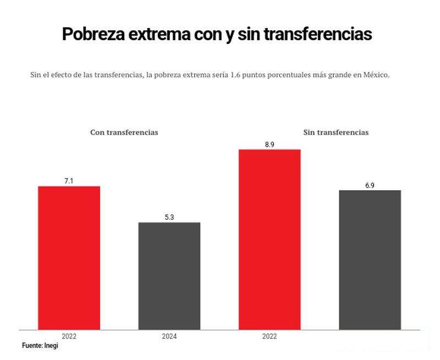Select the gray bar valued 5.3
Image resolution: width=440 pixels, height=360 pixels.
click(x=169, y=275)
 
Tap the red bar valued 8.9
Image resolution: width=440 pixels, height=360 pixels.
click(x=269, y=239)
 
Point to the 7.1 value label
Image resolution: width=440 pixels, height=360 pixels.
click(x=69, y=181)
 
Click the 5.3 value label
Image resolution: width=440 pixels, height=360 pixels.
click(x=169, y=217)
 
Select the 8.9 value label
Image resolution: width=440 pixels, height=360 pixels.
click(x=269, y=144)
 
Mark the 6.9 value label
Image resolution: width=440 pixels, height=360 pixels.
click(x=370, y=185)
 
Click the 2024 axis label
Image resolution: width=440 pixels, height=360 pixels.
click(x=169, y=336)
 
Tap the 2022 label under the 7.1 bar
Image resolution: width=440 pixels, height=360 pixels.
click(x=69, y=336)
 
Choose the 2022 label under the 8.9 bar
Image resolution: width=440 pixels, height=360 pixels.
click(x=269, y=336)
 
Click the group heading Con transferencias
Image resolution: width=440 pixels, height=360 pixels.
click(x=124, y=132)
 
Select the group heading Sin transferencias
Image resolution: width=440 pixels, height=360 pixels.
click(x=336, y=132)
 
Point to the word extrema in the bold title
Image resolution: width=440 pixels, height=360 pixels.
click(x=160, y=34)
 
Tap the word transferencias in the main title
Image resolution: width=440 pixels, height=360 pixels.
click(x=318, y=34)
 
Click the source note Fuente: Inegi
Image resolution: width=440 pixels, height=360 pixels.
click(x=40, y=346)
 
